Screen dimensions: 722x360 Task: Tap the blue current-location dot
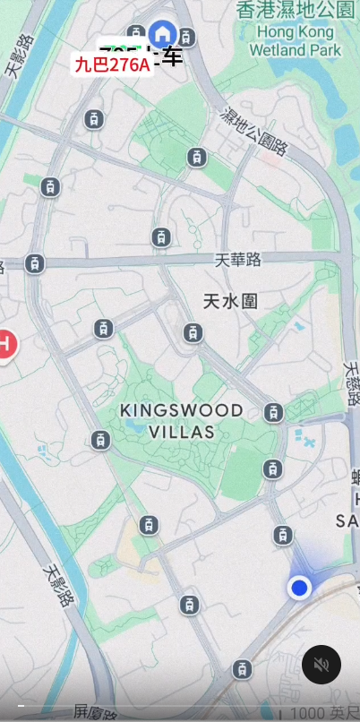click(x=299, y=588)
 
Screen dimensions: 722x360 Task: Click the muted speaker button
click(x=321, y=665)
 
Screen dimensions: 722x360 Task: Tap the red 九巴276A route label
click(x=112, y=64)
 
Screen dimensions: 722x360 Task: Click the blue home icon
click(x=162, y=35)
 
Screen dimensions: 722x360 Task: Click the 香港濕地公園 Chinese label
click(x=296, y=10)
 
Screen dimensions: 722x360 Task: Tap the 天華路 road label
click(x=238, y=260)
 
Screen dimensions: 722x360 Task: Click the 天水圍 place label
click(x=230, y=301)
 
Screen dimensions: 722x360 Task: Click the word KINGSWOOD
click(x=182, y=410)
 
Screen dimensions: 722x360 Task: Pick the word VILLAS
click(x=182, y=432)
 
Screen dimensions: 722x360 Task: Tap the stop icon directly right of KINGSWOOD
click(x=274, y=413)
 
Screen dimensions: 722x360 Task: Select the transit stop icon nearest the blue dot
click(x=283, y=536)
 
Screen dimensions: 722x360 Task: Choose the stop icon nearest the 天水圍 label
click(x=193, y=333)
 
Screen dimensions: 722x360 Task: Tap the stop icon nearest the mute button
click(x=242, y=669)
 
